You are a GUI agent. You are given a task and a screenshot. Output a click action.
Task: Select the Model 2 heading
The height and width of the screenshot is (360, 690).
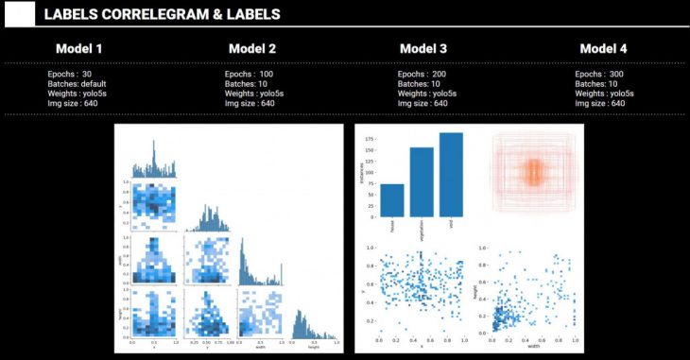click(x=252, y=49)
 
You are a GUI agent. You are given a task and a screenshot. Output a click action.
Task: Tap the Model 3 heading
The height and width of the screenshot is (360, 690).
click(x=423, y=49)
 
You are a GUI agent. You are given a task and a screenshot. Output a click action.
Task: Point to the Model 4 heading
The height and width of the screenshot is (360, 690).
click(x=603, y=49)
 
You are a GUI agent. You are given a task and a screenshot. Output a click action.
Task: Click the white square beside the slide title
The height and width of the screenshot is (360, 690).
click(x=19, y=14)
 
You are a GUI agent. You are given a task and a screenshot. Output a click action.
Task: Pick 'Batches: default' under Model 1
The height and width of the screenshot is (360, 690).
click(x=79, y=83)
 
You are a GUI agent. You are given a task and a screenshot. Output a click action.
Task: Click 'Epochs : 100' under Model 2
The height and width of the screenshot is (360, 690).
click(x=250, y=74)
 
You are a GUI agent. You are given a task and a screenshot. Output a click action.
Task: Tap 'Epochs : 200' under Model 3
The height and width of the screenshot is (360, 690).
click(x=423, y=74)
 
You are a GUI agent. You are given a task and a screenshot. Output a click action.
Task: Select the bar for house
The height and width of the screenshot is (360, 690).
click(x=392, y=200)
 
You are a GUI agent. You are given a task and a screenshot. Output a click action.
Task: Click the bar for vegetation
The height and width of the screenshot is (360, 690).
click(x=422, y=182)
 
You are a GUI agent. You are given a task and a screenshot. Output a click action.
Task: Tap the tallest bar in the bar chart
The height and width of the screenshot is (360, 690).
click(x=451, y=175)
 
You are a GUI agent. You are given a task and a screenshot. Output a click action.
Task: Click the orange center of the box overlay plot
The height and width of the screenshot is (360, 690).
click(x=532, y=172)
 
